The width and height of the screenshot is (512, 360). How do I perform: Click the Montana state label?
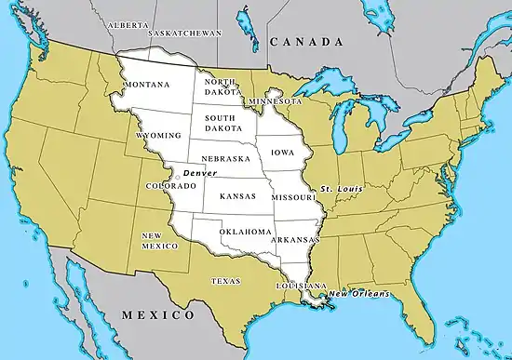[x=146, y=85]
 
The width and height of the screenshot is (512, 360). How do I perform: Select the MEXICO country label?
[x=154, y=316]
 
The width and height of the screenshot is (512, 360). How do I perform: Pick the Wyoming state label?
[x=158, y=135]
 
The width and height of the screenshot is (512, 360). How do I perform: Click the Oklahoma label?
[x=246, y=231]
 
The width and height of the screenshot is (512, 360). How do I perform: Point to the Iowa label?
[x=283, y=151]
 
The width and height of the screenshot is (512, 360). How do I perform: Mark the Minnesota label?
[x=275, y=100]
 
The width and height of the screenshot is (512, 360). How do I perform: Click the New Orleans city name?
[x=358, y=294]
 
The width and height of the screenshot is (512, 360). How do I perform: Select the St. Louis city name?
[x=340, y=189]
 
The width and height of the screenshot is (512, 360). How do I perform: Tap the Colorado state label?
[x=171, y=186]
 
